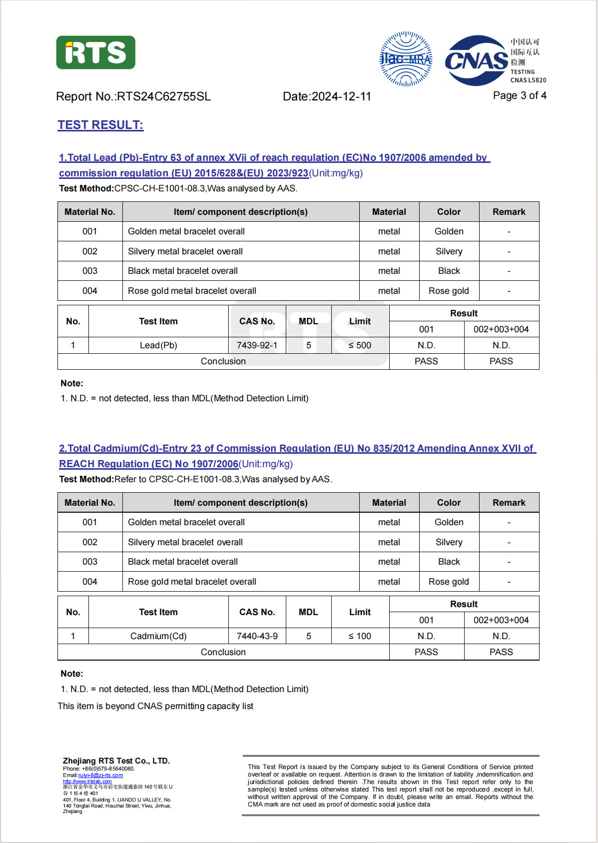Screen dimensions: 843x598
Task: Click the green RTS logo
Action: coord(95,52)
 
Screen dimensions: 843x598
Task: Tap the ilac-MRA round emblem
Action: coord(406,59)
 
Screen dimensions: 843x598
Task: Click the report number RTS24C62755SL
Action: coord(163,96)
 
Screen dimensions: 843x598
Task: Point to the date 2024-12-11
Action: coord(341,96)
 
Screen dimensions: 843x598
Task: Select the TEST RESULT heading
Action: coord(100,125)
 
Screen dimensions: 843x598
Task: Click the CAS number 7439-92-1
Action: coord(257,345)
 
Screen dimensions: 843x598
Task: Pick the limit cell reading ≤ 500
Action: coord(360,345)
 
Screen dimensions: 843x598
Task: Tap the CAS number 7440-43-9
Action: coord(257,636)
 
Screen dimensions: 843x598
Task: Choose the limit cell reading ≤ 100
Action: coord(360,636)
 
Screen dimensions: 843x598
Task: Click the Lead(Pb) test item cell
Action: coord(158,345)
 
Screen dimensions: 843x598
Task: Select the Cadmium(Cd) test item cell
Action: coord(158,636)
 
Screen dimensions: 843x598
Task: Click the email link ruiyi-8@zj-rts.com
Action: coord(100,775)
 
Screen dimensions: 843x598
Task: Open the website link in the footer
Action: coord(87,781)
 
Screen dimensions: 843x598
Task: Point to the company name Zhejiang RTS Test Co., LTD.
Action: coord(116,761)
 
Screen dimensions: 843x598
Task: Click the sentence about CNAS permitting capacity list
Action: coord(155,706)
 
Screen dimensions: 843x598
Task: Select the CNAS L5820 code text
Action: coord(528,80)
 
